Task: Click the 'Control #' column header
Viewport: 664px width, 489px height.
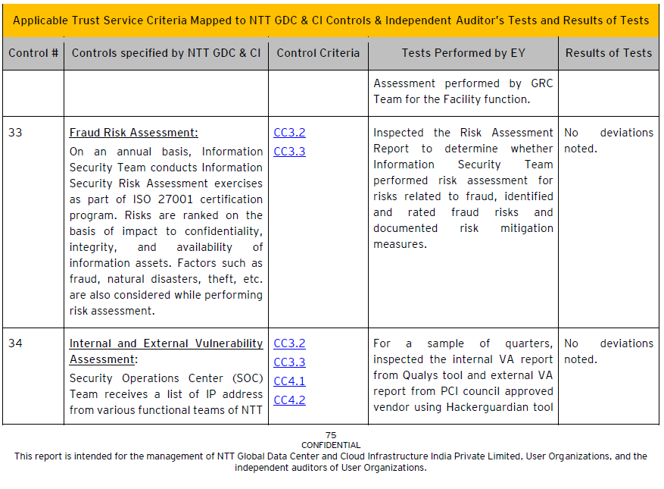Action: (x=33, y=53)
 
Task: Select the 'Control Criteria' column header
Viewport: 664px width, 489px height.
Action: (x=318, y=53)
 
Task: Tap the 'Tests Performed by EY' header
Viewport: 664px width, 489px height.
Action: (x=463, y=53)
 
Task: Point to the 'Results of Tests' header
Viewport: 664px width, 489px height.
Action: (x=608, y=53)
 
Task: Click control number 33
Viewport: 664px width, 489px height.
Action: (x=16, y=133)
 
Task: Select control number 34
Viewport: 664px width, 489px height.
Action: (x=16, y=343)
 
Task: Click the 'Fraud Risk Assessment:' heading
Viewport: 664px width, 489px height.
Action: (x=134, y=133)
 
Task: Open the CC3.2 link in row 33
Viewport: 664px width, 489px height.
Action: (x=289, y=133)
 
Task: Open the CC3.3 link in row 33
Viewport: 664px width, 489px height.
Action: (x=289, y=152)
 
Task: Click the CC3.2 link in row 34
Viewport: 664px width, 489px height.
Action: (x=289, y=343)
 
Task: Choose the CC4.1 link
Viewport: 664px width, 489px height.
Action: (x=289, y=381)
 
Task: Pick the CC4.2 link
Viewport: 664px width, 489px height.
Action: (x=289, y=400)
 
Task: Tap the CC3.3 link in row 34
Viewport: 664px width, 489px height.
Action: (x=289, y=362)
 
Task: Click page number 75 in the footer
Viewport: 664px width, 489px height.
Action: (x=331, y=435)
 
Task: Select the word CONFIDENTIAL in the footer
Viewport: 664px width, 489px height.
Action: (x=331, y=445)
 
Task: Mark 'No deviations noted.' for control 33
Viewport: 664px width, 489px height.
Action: (x=608, y=140)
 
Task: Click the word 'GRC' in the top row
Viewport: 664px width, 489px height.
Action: (x=541, y=83)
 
